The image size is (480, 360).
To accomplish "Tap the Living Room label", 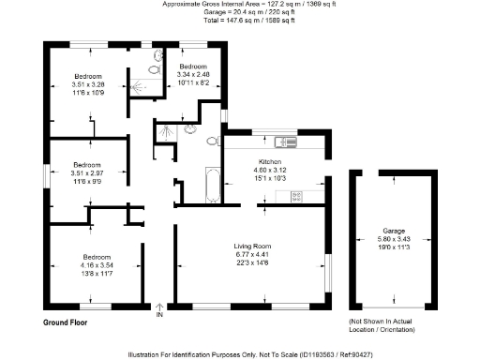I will tap(251, 246).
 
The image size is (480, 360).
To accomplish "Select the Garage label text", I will tap(393, 231).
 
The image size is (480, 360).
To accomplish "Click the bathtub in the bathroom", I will tap(212, 184).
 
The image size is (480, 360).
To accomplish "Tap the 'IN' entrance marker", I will tap(159, 314).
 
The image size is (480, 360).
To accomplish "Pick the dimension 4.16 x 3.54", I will tap(97, 265).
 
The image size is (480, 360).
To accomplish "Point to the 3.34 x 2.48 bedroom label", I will tap(193, 74).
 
